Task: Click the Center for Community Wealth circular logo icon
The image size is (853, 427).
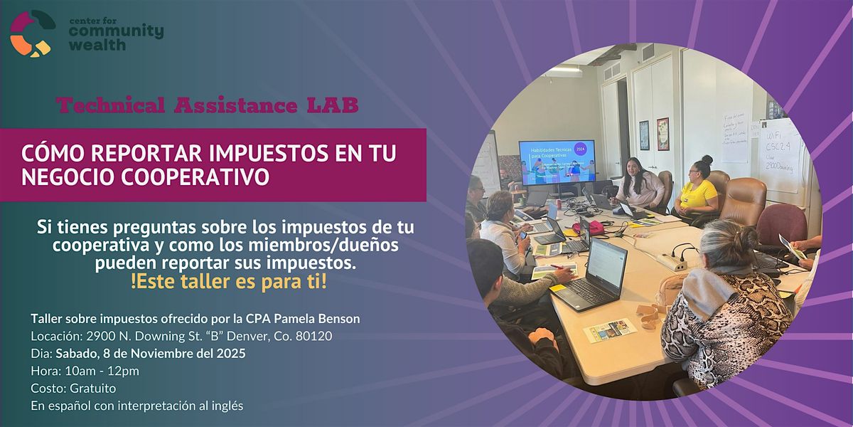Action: (x=32, y=33)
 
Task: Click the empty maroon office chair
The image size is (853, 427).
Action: (x=780, y=223)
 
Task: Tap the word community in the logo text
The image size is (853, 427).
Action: (x=116, y=31)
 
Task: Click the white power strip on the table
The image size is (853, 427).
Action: (x=672, y=260)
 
